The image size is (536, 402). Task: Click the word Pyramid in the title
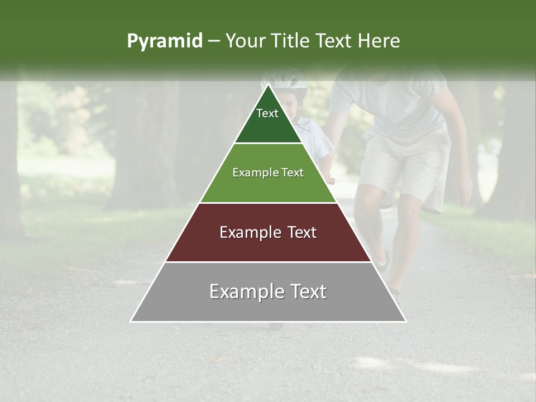(164, 41)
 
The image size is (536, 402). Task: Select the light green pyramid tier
(268, 187)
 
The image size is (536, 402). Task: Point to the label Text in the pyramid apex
(267, 113)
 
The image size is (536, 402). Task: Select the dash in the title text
(213, 41)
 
